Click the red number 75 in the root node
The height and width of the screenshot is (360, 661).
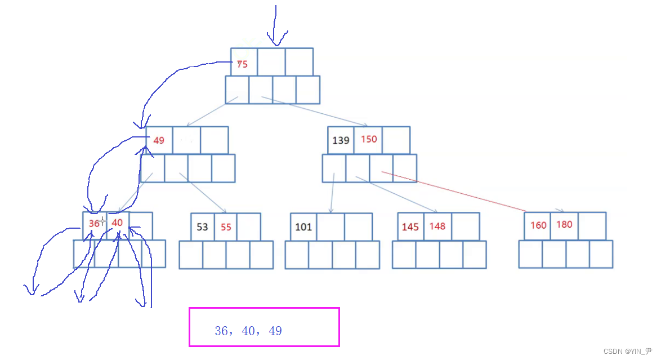[242, 64]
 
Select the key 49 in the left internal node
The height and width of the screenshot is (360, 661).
[159, 140]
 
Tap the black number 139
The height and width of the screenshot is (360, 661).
[341, 140]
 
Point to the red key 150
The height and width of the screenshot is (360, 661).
[369, 139]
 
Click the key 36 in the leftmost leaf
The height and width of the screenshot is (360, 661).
[93, 223]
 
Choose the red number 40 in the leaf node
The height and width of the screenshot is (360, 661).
[117, 223]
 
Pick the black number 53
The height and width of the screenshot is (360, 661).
[202, 227]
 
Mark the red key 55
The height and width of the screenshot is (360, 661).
[226, 227]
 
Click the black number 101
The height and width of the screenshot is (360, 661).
[303, 227]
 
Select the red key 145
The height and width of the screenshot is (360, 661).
[410, 226]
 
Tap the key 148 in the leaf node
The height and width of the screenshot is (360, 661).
[437, 226]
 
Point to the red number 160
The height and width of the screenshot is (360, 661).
[538, 225]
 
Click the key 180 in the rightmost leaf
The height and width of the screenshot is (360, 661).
[564, 224]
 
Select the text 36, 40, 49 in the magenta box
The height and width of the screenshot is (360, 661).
[248, 331]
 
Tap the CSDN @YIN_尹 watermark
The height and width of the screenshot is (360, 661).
[628, 351]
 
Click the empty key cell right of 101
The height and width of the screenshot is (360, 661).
[331, 227]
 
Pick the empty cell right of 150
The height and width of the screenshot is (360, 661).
[396, 140]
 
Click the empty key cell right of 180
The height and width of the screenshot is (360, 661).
[592, 225]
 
